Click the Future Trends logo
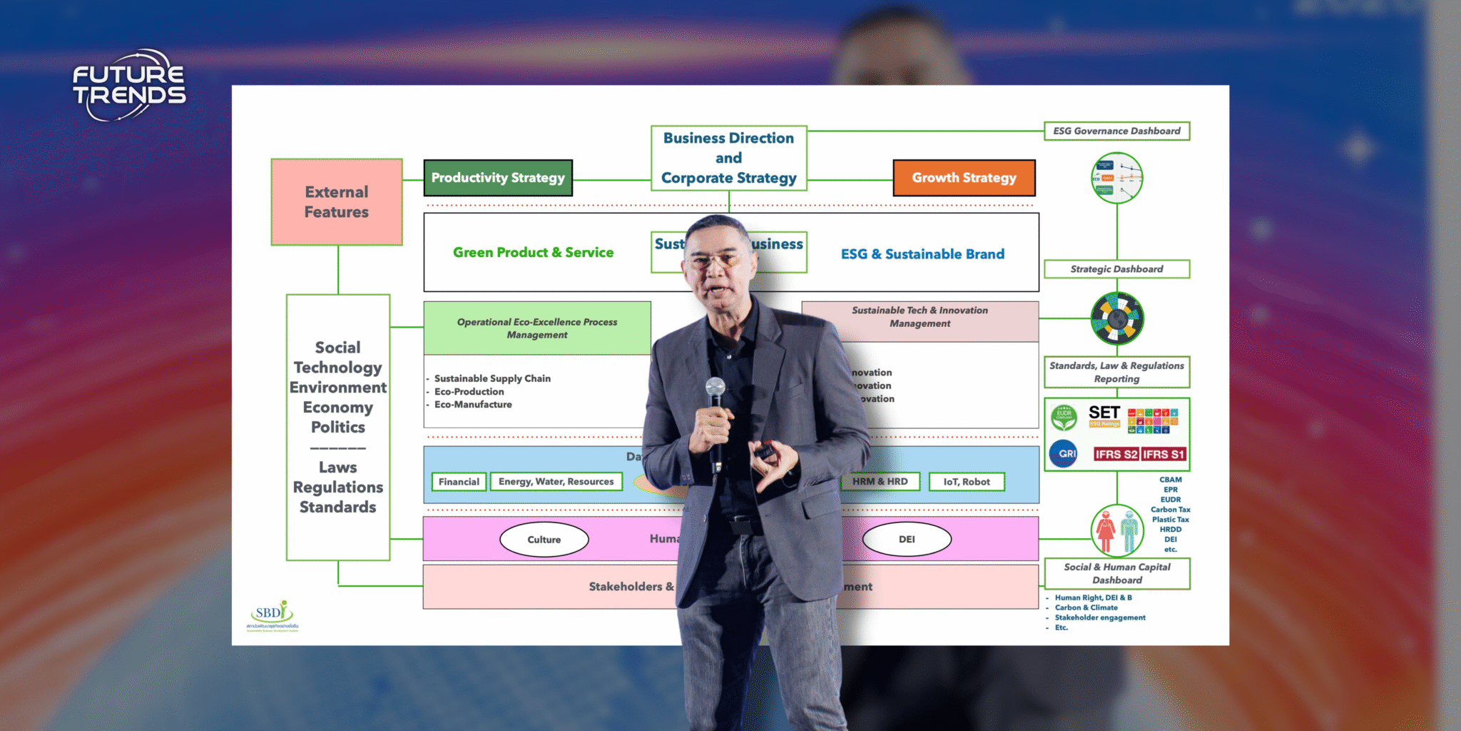129,85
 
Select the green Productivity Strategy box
498,178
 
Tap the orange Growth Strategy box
964,178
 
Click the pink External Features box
337,202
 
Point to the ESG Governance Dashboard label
1116,131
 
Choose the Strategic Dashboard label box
1116,269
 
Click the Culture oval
544,540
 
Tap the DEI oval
907,539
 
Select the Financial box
459,482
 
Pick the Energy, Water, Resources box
556,482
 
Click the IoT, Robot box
967,482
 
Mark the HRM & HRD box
880,482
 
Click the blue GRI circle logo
1064,453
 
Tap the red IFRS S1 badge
1163,454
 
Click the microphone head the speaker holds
716,388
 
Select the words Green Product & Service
533,253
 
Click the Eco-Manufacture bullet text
473,405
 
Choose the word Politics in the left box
338,428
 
